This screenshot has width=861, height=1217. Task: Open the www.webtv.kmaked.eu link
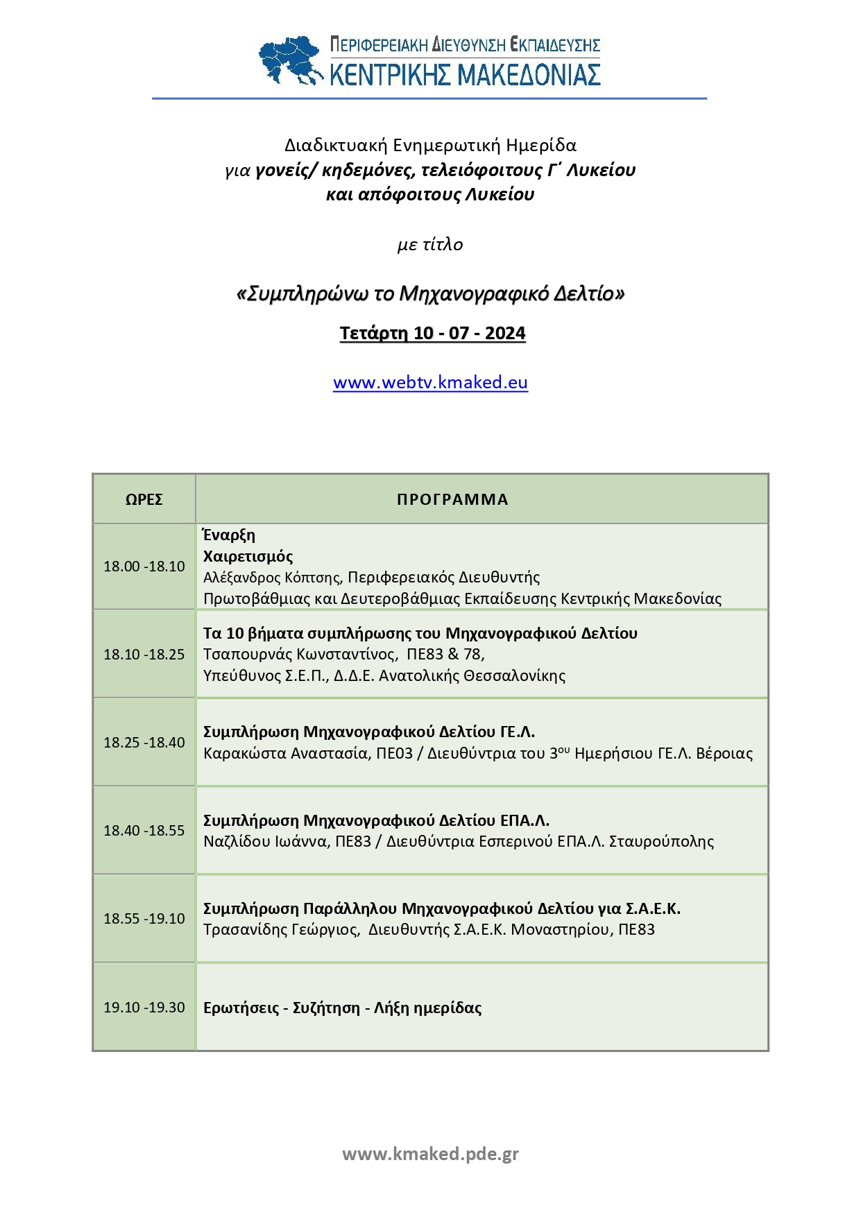(430, 383)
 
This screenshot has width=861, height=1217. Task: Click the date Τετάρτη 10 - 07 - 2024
(432, 334)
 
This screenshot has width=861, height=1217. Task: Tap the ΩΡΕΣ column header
(144, 499)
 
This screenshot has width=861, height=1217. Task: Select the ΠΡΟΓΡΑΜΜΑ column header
(452, 499)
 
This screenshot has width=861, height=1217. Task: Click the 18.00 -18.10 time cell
(144, 567)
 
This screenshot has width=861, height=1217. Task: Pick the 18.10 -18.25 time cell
(144, 655)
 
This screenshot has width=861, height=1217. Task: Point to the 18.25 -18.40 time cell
(144, 743)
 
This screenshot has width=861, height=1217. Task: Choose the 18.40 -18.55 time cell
(144, 831)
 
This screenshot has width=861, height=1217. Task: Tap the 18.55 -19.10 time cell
(144, 919)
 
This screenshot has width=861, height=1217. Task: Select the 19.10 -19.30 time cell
(144, 1008)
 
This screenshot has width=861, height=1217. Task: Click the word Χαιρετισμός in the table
(248, 556)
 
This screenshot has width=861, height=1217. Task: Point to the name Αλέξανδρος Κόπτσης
(271, 578)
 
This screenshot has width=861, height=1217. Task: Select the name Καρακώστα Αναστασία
(285, 754)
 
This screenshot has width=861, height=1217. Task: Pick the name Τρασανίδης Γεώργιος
(280, 930)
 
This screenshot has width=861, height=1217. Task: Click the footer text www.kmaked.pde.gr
(430, 1154)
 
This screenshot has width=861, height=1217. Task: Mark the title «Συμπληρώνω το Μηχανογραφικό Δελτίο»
(430, 294)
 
